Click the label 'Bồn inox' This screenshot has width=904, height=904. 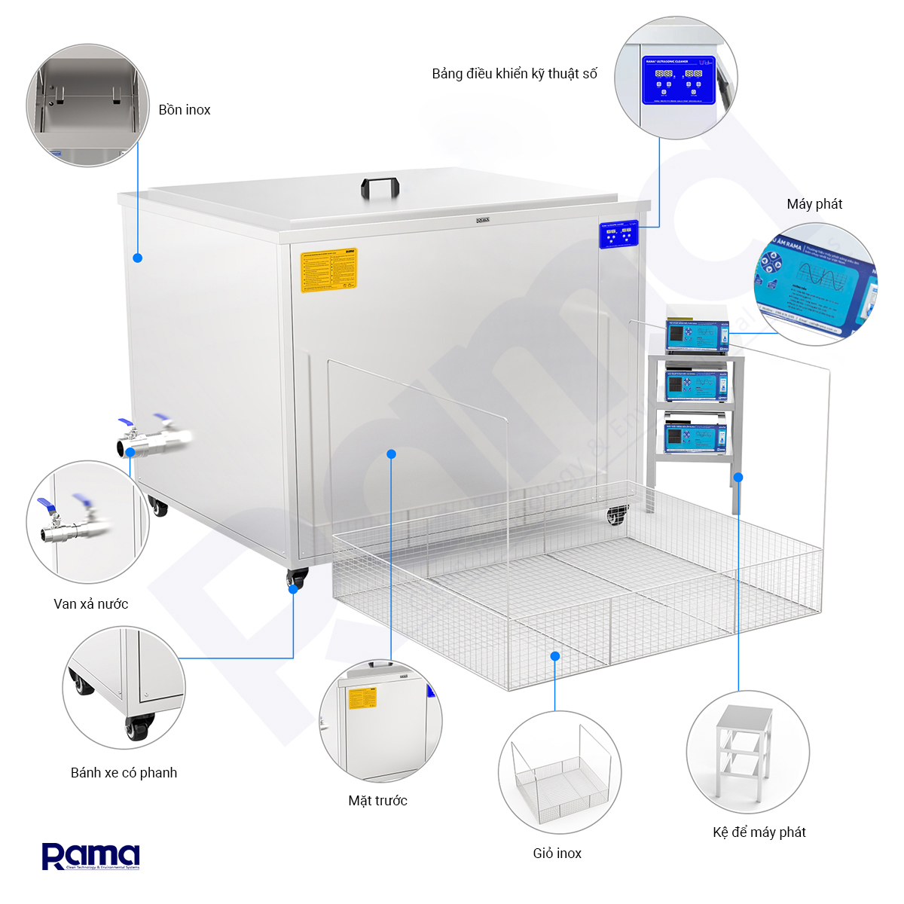point(185,110)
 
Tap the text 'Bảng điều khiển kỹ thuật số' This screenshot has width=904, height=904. point(515,74)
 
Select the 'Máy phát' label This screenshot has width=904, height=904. point(814,204)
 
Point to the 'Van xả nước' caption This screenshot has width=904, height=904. point(91,604)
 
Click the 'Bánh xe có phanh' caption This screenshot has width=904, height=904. point(124,773)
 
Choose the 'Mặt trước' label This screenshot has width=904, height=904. point(377,801)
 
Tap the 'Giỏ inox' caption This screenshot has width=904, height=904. point(557,854)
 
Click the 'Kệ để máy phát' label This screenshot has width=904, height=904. point(759,832)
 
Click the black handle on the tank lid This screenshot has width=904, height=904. point(380,188)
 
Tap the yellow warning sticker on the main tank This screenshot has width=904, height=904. point(328,270)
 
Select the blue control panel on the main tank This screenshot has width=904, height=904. point(618,234)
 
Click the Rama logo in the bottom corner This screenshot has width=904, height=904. point(90,857)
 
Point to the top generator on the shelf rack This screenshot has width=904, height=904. point(697,335)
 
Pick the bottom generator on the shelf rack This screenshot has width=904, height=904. point(697,436)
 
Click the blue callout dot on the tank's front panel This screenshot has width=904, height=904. point(391,454)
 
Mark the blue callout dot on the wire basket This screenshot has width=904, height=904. point(555,656)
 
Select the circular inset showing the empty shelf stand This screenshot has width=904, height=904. point(747,752)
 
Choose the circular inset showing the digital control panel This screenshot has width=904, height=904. point(676,78)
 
